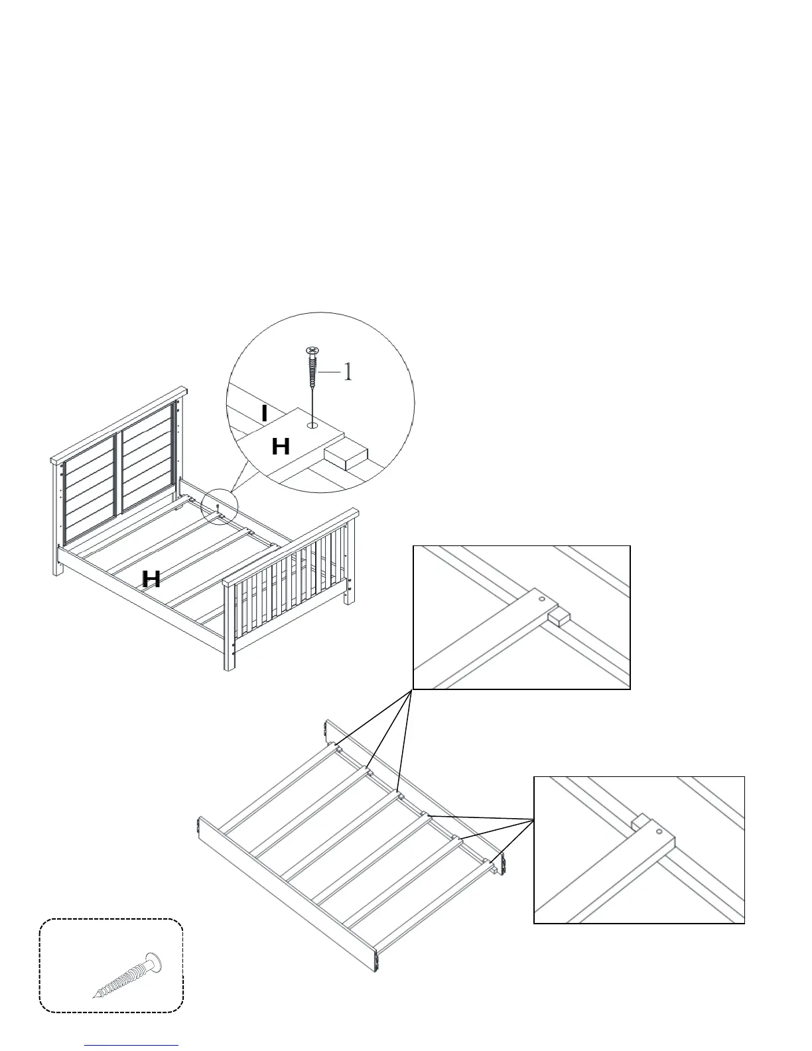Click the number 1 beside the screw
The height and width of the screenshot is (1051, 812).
pyautogui.click(x=346, y=372)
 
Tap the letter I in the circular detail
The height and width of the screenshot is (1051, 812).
pyautogui.click(x=265, y=414)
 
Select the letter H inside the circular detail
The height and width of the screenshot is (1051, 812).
pyautogui.click(x=281, y=447)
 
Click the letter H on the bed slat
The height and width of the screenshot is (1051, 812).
pyautogui.click(x=151, y=579)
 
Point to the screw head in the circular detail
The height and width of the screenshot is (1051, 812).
pyautogui.click(x=311, y=350)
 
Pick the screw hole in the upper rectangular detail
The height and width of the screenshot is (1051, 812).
pyautogui.click(x=543, y=599)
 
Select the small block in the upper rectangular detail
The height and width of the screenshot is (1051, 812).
pyautogui.click(x=559, y=618)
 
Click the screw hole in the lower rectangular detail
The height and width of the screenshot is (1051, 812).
pyautogui.click(x=659, y=831)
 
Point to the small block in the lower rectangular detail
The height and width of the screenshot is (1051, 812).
pyautogui.click(x=639, y=823)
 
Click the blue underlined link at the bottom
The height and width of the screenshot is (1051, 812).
pyautogui.click(x=132, y=1046)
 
